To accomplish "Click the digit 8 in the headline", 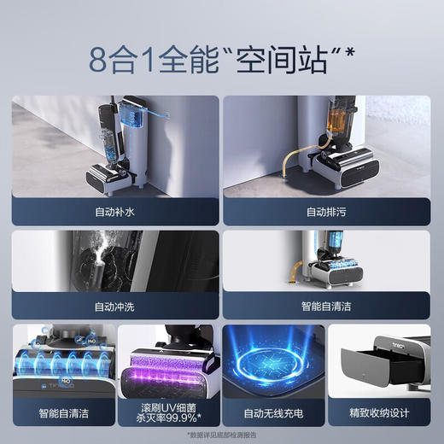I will (101, 60).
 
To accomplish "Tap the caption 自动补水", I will (114, 210).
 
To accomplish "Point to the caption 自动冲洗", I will (114, 305).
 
